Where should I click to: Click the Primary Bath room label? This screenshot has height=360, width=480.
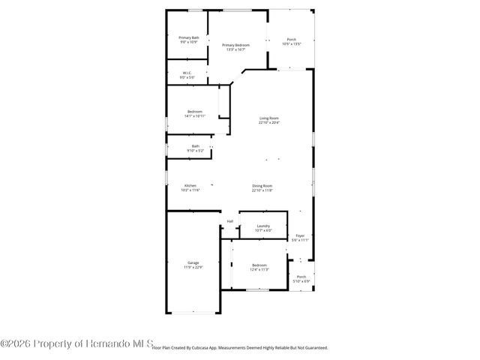[188, 37]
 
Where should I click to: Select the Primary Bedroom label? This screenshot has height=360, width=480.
[235, 45]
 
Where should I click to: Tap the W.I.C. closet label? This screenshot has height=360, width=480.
[187, 73]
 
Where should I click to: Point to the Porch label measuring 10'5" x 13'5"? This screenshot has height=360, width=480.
[291, 40]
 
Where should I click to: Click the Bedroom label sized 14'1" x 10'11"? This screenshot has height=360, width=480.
[195, 112]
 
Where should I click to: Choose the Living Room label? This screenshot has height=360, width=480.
[269, 118]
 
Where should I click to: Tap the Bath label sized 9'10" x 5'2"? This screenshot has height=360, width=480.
[196, 146]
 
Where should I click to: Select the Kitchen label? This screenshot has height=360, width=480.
[191, 185]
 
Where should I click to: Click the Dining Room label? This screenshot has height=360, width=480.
[262, 185]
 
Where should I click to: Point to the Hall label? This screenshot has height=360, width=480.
[230, 221]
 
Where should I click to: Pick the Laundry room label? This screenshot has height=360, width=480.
[263, 226]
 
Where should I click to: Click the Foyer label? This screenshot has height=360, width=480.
[300, 235]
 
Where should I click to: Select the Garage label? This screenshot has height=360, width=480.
[193, 262]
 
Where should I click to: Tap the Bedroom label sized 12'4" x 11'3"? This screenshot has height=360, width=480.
[259, 265]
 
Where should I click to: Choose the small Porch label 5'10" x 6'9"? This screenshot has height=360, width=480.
[301, 277]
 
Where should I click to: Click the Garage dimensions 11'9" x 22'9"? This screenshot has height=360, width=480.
[193, 268]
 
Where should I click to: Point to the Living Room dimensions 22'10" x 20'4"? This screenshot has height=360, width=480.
[269, 123]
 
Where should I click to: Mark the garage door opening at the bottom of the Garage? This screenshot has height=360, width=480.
[193, 313]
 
